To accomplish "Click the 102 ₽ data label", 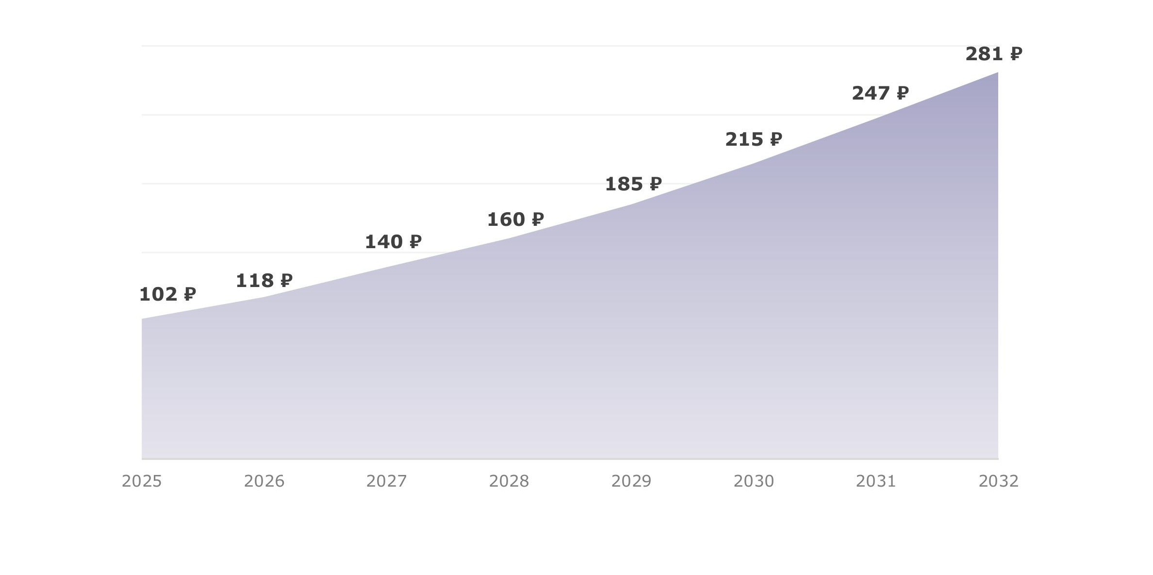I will (x=167, y=294).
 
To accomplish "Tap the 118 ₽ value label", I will (x=264, y=281).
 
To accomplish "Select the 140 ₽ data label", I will (x=393, y=242).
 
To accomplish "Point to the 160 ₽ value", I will (x=515, y=220).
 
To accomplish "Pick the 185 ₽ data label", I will (x=633, y=184).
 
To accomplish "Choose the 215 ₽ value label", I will (x=754, y=139).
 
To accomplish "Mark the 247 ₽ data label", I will (x=880, y=93).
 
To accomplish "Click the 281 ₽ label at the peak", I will (x=994, y=54).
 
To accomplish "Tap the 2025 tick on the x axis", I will (x=142, y=481).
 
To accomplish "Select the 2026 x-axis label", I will (x=264, y=481).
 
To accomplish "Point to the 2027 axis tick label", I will (x=386, y=481).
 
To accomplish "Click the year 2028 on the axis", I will (x=509, y=481).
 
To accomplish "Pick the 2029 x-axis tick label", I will (x=631, y=481).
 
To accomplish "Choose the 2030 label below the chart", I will (x=754, y=481).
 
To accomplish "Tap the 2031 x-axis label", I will (x=876, y=481).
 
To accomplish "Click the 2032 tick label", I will (x=999, y=481).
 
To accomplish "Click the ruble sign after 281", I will (x=1016, y=53).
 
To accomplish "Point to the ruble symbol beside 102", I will (x=190, y=294).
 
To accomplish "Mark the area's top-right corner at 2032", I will (x=998, y=73).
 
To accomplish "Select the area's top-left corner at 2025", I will (x=142, y=319).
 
